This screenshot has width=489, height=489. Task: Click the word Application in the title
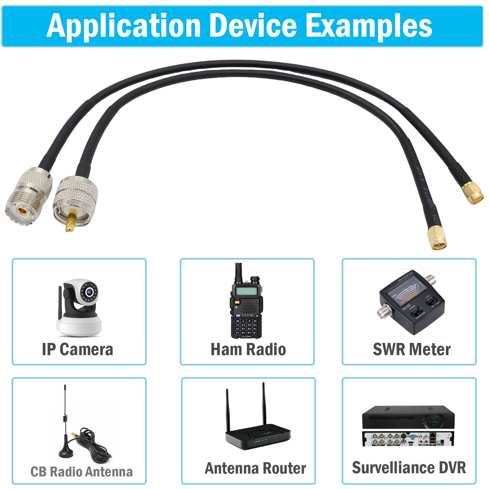coord(124,26)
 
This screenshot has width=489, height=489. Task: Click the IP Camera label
coord(78,349)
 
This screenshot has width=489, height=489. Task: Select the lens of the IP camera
coord(90,292)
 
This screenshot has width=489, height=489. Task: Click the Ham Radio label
coord(248,349)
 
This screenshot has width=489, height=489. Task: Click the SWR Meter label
coord(412,349)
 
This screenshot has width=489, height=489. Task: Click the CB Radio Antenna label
coord(82,472)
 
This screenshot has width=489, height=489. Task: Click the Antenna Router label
coord(256,468)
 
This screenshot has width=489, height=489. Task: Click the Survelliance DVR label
coord(409,468)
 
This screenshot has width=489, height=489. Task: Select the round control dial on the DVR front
coord(433,422)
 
